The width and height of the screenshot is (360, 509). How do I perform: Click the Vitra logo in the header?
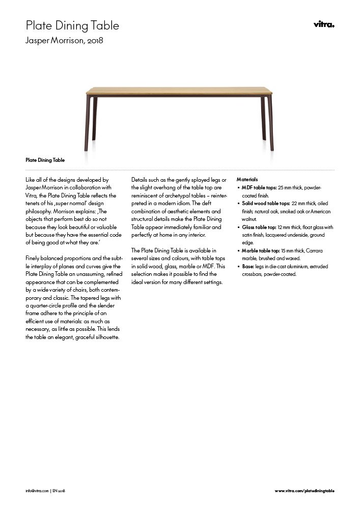(x=324, y=25)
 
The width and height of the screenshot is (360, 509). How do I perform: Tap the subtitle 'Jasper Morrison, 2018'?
(x=65, y=40)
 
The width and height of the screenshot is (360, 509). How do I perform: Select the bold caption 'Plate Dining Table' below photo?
(x=45, y=160)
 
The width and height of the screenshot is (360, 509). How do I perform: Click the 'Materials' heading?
(x=247, y=180)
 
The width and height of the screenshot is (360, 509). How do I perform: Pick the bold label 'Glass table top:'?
(x=258, y=227)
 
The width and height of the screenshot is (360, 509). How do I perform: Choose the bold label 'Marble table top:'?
(x=260, y=251)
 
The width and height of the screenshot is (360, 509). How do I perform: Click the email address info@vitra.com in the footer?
(x=37, y=491)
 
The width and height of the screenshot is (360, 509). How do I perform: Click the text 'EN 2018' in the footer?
(x=59, y=491)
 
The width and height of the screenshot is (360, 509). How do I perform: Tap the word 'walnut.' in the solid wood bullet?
(x=249, y=219)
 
